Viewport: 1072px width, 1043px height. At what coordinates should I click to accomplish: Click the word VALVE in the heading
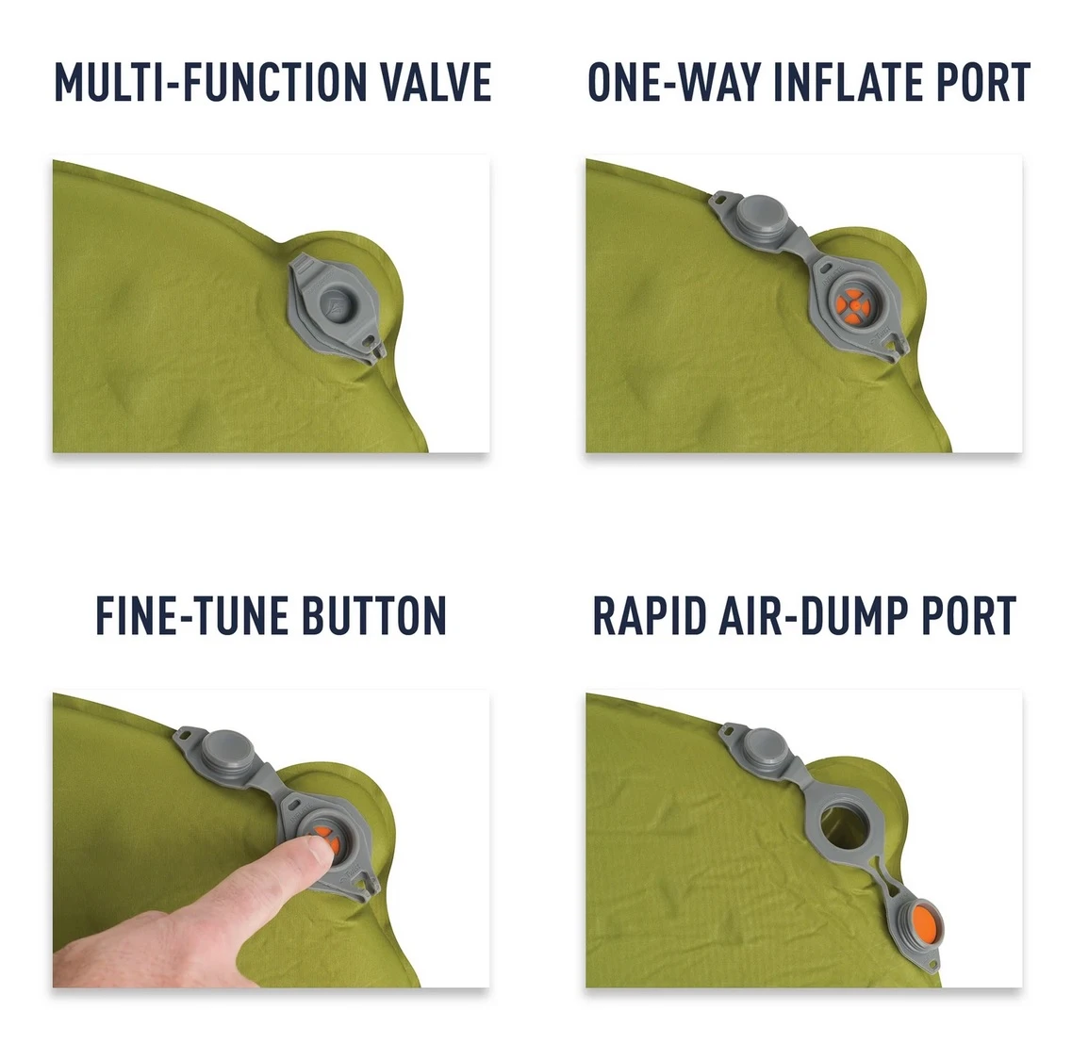point(436,82)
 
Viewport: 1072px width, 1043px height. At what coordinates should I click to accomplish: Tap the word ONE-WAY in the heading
point(674,82)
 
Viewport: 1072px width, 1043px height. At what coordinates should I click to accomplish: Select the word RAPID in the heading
point(650,615)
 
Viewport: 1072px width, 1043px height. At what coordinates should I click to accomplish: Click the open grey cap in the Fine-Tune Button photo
point(226,749)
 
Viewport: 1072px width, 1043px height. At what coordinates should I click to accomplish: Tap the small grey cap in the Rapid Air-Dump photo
point(764,746)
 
